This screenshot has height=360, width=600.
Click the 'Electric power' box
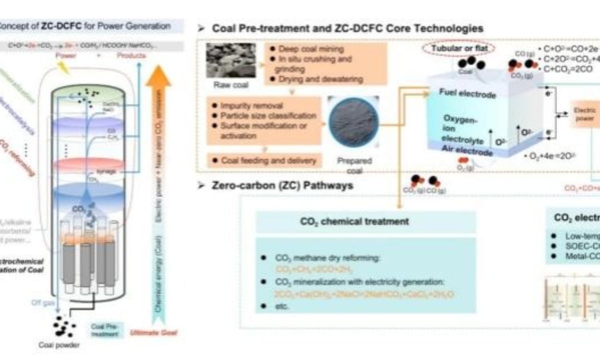tap(584, 114)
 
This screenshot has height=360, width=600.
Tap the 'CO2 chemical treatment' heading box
tap(365, 221)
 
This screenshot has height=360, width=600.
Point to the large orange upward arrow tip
tap(161, 75)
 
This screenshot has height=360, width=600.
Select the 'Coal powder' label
tap(58, 345)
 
